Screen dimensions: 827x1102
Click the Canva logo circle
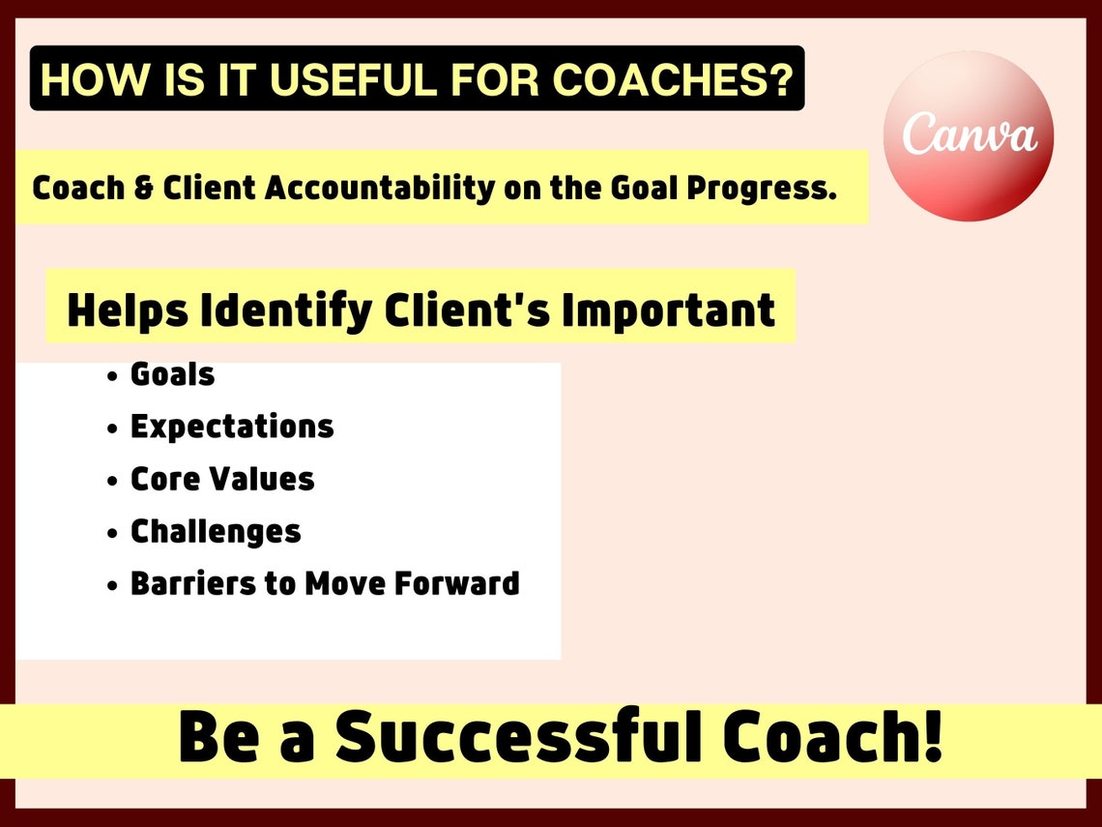969,136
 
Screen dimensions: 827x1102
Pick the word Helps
127,310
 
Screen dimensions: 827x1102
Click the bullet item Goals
172,374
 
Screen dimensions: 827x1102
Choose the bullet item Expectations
232,427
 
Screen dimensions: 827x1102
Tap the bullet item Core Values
222,479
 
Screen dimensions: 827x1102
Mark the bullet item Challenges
216,531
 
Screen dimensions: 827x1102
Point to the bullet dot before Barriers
113,586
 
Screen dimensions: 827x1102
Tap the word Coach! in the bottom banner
834,738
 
